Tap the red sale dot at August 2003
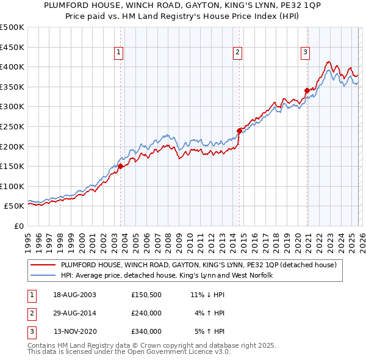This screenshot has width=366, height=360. [x=121, y=165]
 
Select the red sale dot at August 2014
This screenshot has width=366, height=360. [x=239, y=130]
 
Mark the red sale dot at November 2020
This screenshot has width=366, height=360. [x=307, y=90]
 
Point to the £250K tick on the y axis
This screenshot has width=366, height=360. [x=12, y=126]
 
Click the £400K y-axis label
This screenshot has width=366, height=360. [x=12, y=67]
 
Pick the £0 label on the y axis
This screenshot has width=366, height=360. [x=18, y=226]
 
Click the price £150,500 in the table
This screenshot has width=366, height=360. [x=146, y=295]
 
